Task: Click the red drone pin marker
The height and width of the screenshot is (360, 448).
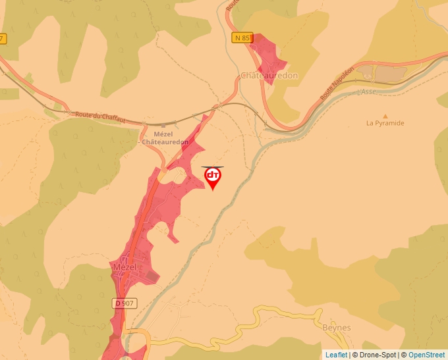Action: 213,178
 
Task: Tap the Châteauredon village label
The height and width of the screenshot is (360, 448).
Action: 269,76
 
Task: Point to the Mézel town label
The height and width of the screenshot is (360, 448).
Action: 124,267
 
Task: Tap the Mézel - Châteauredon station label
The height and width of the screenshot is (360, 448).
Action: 165,138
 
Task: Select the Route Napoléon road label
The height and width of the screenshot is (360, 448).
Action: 337,82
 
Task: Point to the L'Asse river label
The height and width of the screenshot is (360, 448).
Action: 366,92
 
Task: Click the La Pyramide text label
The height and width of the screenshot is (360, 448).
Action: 385,123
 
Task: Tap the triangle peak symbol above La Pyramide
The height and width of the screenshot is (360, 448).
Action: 385,116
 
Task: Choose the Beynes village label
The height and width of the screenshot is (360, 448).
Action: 337,328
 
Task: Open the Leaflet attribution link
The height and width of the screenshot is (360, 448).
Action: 336,355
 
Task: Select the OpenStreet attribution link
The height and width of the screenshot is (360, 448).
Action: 426,355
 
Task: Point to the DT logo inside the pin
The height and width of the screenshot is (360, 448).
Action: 213,175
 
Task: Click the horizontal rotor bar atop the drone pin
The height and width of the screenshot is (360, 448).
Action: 213,167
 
